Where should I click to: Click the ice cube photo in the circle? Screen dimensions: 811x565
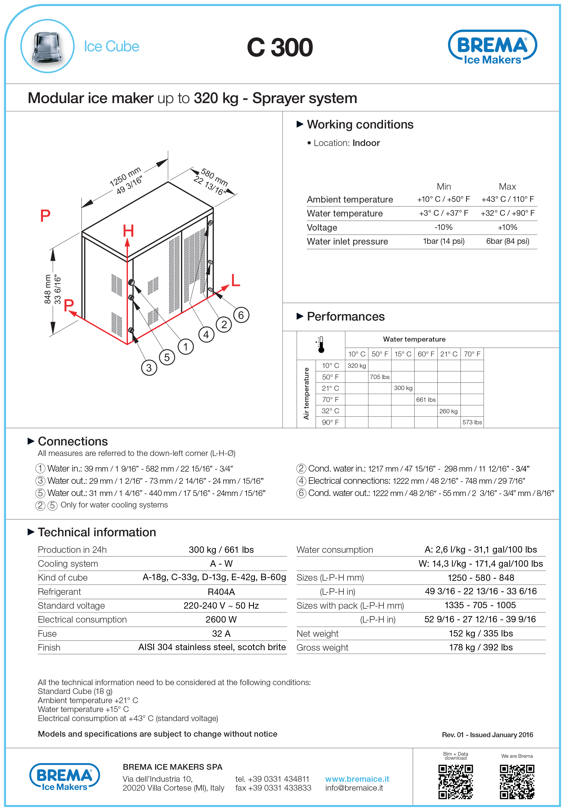pyautogui.click(x=47, y=46)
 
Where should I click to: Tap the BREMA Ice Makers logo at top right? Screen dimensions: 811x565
pyautogui.click(x=492, y=47)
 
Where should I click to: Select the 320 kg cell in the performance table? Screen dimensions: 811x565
pyautogui.click(x=357, y=366)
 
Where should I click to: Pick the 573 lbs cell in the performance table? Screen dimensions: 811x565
pyautogui.click(x=472, y=422)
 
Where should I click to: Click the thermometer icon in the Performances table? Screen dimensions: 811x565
pyautogui.click(x=320, y=344)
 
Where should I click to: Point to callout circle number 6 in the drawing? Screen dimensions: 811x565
pyautogui.click(x=241, y=315)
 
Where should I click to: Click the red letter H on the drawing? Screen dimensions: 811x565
pyautogui.click(x=128, y=231)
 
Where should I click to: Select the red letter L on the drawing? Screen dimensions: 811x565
pyautogui.click(x=235, y=280)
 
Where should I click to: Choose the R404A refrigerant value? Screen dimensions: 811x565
pyautogui.click(x=221, y=592)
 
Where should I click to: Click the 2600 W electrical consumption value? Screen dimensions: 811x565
pyautogui.click(x=221, y=619)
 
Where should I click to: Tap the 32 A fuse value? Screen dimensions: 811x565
pyautogui.click(x=221, y=634)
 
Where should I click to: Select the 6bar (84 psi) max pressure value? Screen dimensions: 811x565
pyautogui.click(x=507, y=241)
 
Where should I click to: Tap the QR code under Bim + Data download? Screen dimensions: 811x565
pyautogui.click(x=455, y=782)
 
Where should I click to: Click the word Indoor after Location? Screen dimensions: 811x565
pyautogui.click(x=366, y=143)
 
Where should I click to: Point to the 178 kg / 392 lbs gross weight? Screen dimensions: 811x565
pyautogui.click(x=481, y=648)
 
